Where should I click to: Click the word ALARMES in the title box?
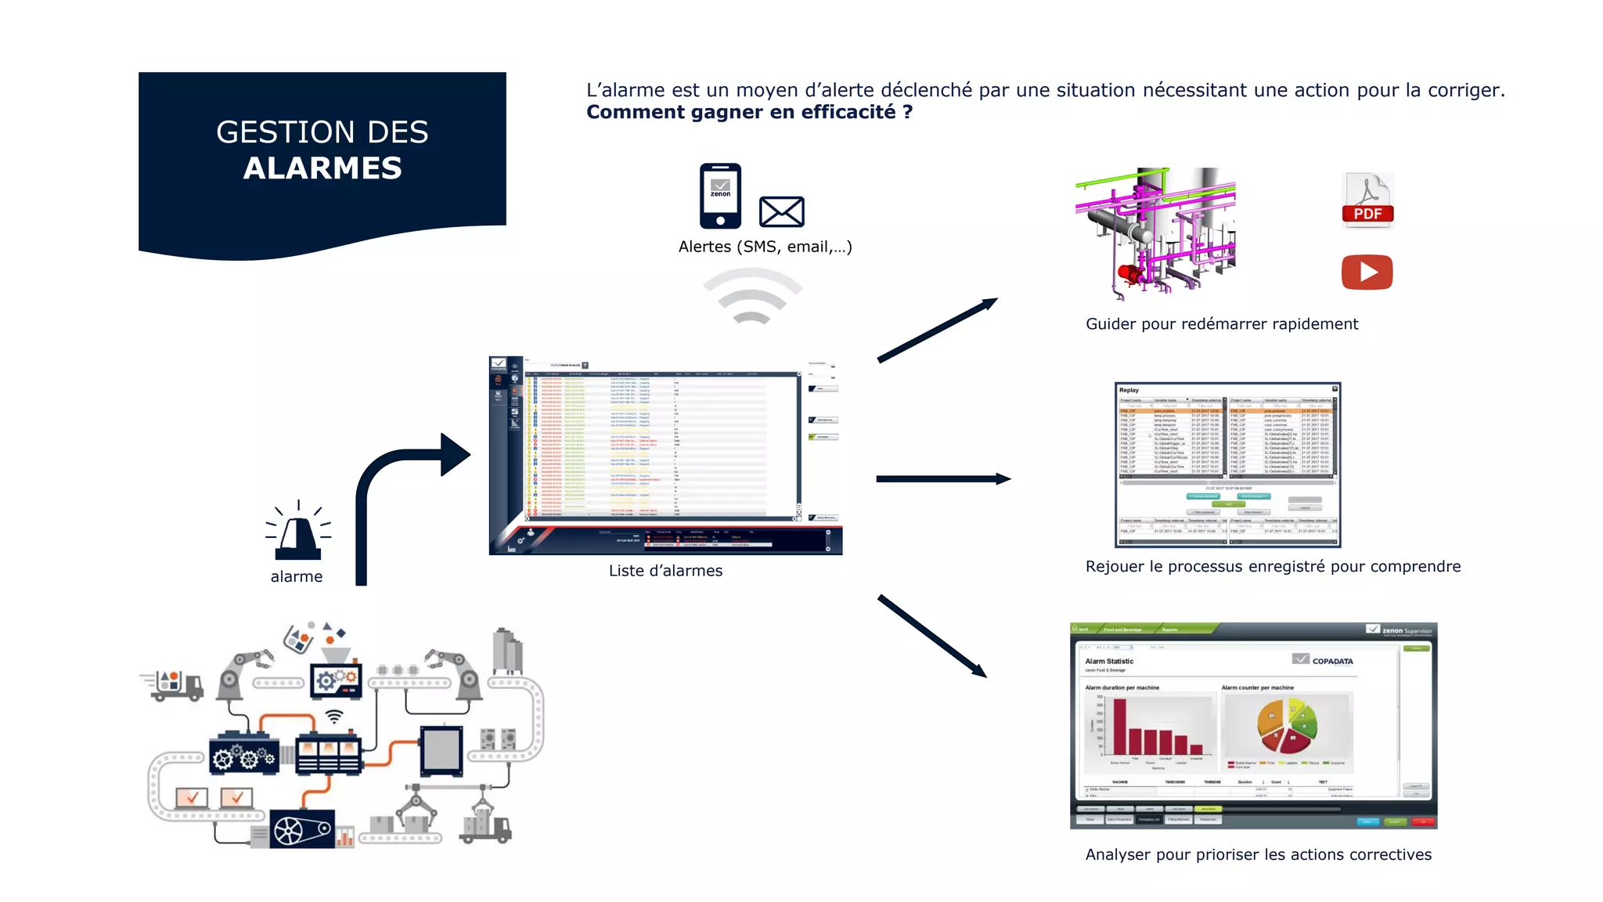point(322,168)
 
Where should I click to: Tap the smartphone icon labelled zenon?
point(720,196)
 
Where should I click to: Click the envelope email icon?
point(781,211)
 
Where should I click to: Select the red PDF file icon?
point(1367,200)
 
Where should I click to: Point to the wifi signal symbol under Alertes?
point(752,297)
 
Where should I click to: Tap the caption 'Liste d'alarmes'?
point(665,571)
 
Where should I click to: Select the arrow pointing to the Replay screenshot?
point(943,478)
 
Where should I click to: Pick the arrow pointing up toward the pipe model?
point(937,330)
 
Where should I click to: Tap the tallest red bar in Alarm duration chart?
point(1119,726)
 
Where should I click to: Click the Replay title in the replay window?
point(1129,390)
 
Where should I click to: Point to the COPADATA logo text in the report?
point(1332,661)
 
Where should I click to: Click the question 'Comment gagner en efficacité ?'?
point(749,112)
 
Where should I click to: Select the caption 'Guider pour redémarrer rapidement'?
point(1221,324)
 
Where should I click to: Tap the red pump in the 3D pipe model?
point(1129,273)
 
